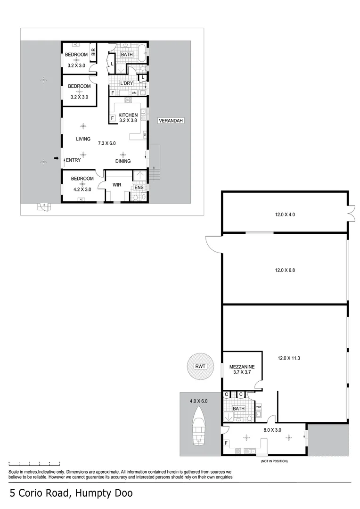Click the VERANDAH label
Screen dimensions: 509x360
click(171, 121)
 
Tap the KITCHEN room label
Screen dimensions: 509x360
click(128, 115)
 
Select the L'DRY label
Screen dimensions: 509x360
click(126, 83)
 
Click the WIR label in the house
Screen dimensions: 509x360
click(116, 185)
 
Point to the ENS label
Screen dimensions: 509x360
click(139, 188)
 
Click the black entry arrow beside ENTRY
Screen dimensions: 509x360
click(57, 159)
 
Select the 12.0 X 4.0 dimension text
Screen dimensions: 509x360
click(286, 214)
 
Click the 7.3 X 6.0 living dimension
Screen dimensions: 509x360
click(106, 143)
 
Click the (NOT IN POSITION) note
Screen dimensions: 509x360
click(274, 461)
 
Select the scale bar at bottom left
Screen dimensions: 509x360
click(34, 463)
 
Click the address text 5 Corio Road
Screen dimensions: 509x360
click(71, 493)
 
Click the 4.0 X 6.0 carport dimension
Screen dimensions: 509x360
click(198, 401)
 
